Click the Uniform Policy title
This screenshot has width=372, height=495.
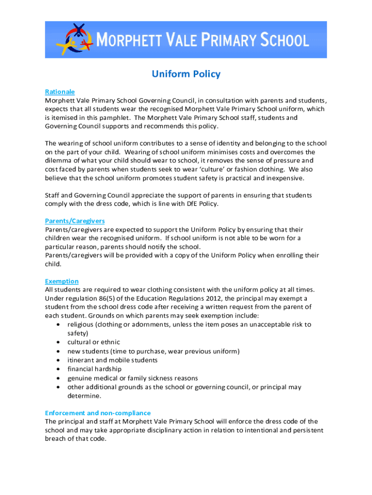pos(186,74)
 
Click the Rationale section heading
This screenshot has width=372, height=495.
pos(60,92)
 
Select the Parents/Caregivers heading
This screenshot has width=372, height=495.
pos(75,221)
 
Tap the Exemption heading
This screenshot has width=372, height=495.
pos(62,281)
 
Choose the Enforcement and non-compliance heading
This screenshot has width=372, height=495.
pos(98,413)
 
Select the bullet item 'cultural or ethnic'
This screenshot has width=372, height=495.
pos(94,342)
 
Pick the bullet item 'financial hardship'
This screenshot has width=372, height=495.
pos(95,369)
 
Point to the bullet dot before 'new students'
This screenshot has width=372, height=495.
pos(58,351)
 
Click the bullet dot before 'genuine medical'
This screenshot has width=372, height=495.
pos(58,378)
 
